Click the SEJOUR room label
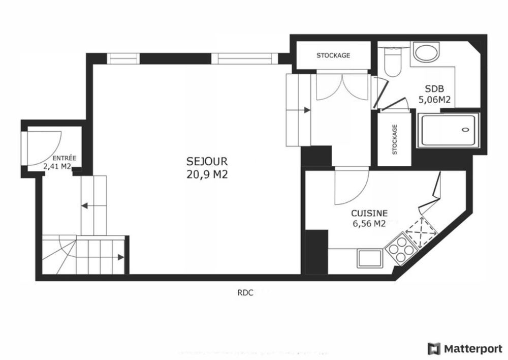[207, 161]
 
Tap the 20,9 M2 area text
[207, 174]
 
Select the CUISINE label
[369, 214]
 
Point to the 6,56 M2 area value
[369, 224]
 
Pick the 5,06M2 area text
[434, 100]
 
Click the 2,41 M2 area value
[56, 166]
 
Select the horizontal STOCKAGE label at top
[333, 55]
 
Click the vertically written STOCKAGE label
[394, 139]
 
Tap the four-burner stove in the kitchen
[402, 249]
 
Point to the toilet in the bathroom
[392, 64]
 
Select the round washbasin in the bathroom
[426, 52]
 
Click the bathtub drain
[465, 130]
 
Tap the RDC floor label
[245, 292]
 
